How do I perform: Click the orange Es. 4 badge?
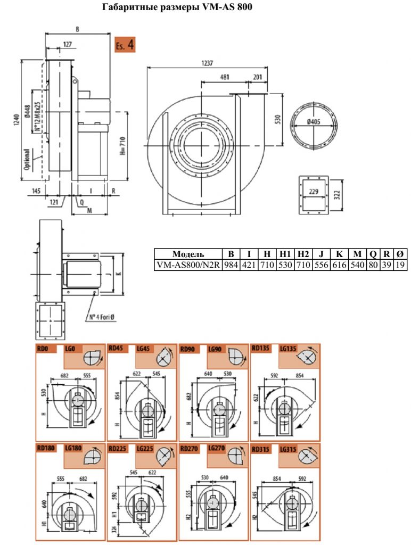[125, 45]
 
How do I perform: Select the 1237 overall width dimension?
[207, 63]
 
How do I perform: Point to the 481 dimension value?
[225, 77]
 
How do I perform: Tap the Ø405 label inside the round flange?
[314, 122]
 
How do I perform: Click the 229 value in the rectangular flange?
[314, 192]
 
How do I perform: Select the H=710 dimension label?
[123, 146]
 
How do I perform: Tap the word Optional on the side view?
[27, 160]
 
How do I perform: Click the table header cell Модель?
[188, 254]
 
